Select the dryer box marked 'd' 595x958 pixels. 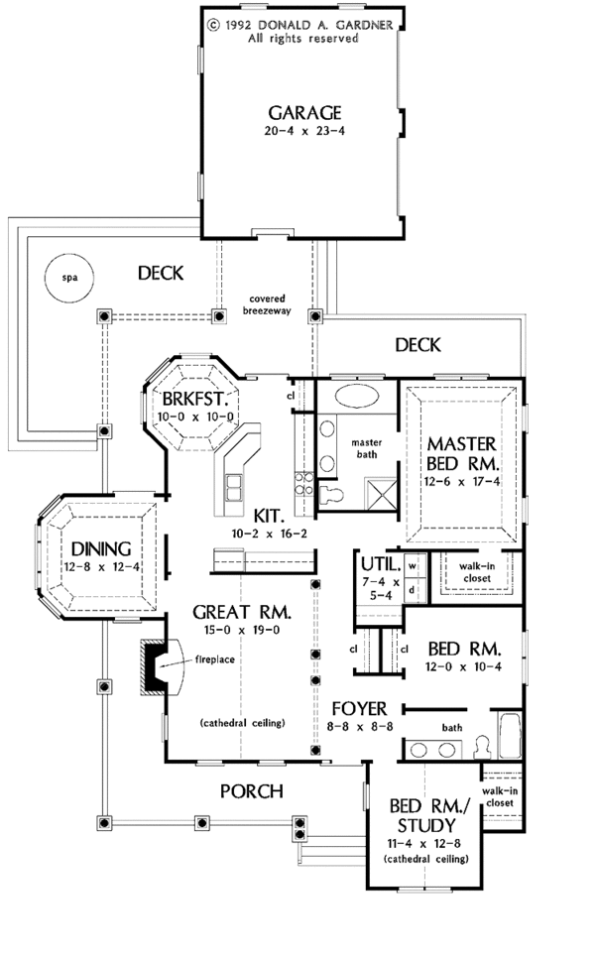pyautogui.click(x=412, y=588)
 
